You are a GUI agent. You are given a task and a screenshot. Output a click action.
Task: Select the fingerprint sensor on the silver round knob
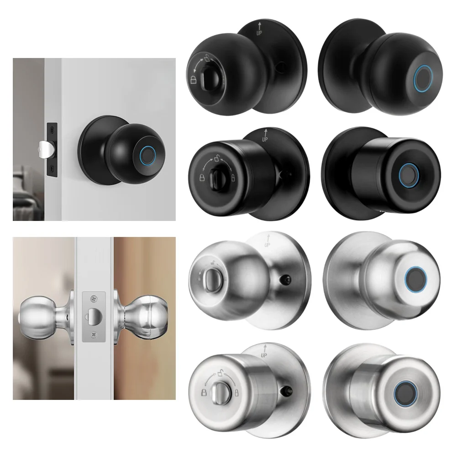415,278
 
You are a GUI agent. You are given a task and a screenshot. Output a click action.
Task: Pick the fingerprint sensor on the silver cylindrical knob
404,391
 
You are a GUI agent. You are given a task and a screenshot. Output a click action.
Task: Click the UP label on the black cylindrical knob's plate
265,135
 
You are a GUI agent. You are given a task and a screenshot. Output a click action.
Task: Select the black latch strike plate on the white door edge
53,148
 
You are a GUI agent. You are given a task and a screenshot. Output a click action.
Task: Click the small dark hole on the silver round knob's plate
286,278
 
